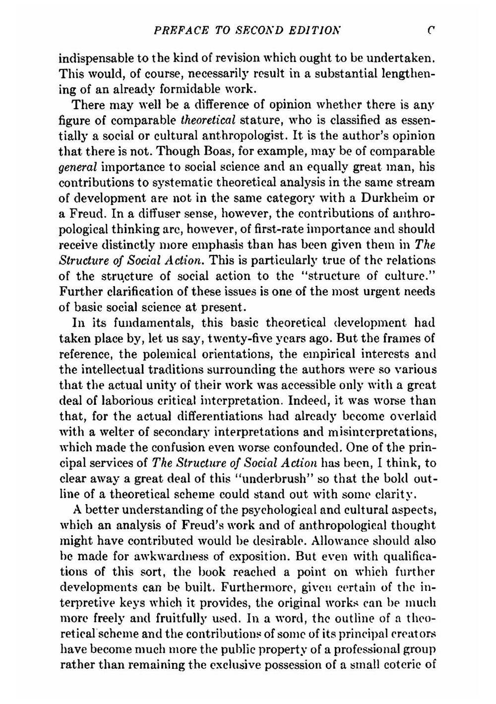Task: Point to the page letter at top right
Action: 433,30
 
